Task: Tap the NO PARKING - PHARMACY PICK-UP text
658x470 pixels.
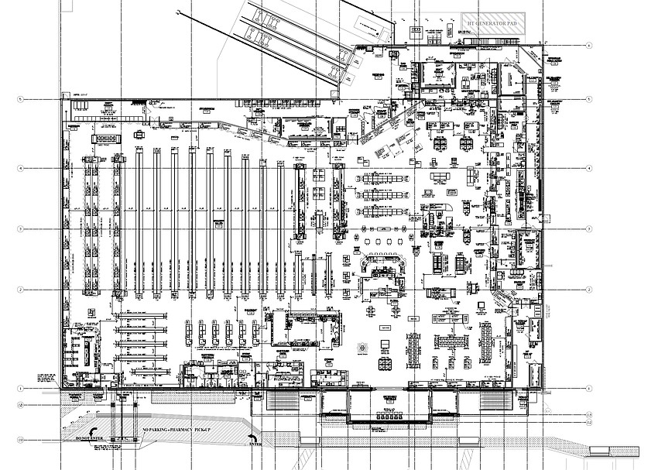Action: (x=176, y=429)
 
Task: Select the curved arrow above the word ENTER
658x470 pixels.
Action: (x=252, y=437)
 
